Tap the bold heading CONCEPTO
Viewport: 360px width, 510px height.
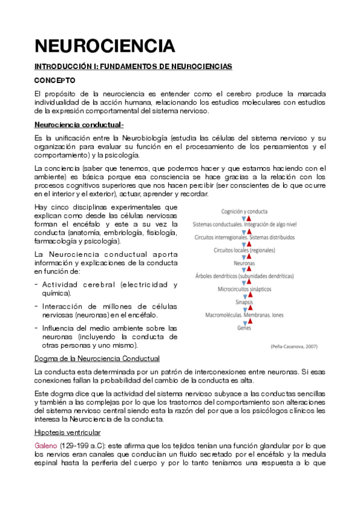click(55, 79)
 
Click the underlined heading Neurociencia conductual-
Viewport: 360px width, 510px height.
click(79, 124)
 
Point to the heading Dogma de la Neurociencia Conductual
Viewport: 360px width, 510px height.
click(97, 358)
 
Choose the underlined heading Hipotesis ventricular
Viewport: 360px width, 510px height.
click(67, 432)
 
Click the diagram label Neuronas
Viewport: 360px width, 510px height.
click(245, 263)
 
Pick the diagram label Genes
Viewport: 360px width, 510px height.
click(245, 328)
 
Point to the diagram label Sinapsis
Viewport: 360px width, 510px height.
click(245, 302)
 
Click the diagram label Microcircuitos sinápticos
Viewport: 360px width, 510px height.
click(245, 289)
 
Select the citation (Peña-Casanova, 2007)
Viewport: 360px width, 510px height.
click(294, 346)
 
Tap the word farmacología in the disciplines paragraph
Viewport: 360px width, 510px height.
click(56, 241)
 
